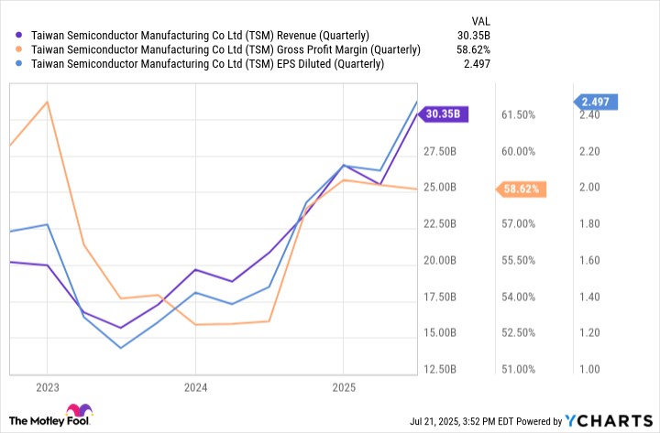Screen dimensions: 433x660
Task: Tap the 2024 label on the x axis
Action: click(194, 387)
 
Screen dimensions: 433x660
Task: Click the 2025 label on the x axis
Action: click(342, 387)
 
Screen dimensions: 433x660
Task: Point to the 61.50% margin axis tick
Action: click(518, 115)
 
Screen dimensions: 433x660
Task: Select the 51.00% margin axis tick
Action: click(518, 370)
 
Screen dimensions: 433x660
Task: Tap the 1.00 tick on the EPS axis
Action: click(590, 370)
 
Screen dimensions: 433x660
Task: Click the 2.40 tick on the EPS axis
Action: click(590, 115)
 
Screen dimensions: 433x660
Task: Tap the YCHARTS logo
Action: click(609, 420)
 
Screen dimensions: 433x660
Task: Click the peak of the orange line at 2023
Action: click(47, 102)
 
